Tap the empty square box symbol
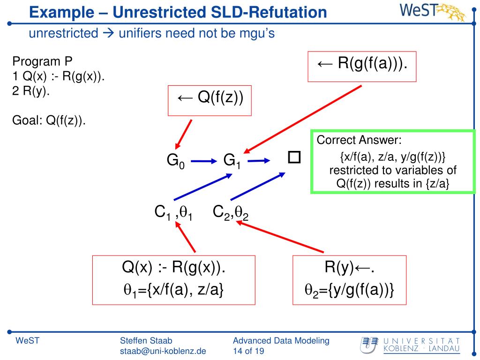coord(294,157)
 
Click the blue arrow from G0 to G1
coord(202,161)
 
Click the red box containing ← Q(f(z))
coord(210,100)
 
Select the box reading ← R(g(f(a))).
coord(362,67)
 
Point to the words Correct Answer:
coord(360,140)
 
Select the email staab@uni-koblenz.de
coord(163,351)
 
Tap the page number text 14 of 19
coord(249,351)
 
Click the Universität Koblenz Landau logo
coord(410,345)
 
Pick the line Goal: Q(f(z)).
coord(49,120)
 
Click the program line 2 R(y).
coord(31,91)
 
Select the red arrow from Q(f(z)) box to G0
coord(184,133)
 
